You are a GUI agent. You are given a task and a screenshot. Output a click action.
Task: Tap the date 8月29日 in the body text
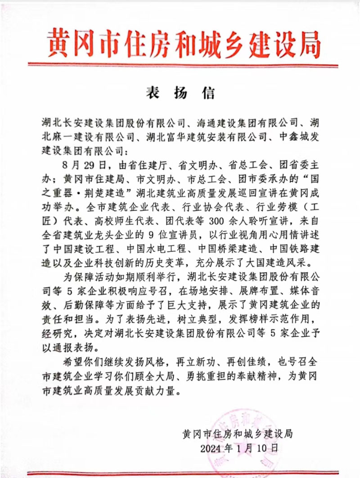click(x=77, y=162)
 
